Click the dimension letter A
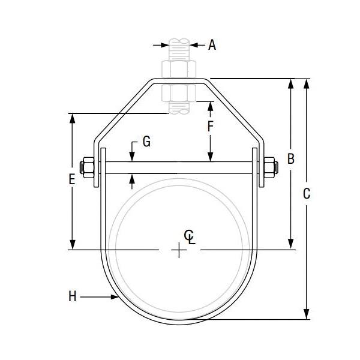(212, 44)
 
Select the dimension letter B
(290, 159)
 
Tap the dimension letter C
(307, 194)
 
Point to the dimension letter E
(72, 179)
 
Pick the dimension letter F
(210, 127)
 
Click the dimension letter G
(146, 142)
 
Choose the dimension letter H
(72, 296)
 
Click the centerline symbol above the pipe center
(189, 236)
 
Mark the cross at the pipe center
(179, 250)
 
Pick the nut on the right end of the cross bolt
(270, 169)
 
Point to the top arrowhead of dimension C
(307, 83)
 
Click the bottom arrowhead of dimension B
(291, 245)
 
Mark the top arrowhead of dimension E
(73, 118)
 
